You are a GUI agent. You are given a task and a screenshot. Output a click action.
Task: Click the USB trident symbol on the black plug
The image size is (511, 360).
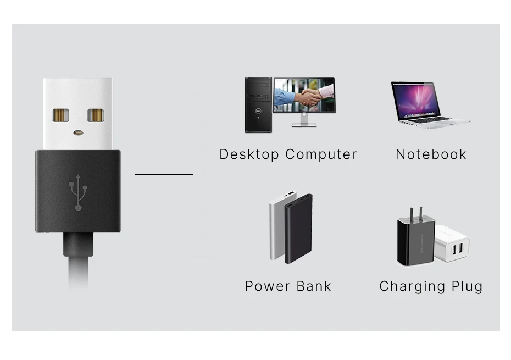click(78, 192)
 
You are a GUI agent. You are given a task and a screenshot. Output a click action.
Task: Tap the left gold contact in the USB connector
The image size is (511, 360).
click(60, 115)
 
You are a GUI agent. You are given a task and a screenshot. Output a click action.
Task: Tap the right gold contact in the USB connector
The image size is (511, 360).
click(95, 115)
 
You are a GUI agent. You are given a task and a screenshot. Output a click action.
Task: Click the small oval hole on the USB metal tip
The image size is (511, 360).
click(78, 132)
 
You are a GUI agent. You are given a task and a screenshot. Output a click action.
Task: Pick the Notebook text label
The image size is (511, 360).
click(431, 154)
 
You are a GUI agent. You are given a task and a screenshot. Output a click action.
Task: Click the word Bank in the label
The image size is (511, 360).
click(314, 286)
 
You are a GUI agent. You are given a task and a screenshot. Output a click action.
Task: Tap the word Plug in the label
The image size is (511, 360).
click(467, 286)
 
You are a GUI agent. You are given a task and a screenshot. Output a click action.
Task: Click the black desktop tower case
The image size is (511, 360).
click(258, 105)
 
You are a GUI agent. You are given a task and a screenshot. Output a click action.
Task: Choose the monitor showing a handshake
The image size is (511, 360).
click(304, 95)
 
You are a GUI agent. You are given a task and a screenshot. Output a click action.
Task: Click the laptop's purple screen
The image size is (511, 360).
click(416, 99)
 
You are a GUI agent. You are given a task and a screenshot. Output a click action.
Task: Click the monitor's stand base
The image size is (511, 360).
click(304, 124)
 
